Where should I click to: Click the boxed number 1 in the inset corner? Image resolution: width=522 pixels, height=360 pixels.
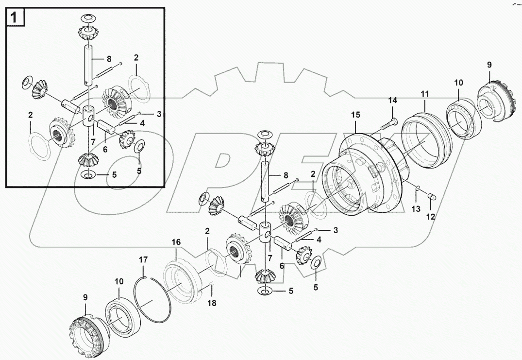click(x=15, y=18)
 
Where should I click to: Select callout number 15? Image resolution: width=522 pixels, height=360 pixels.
click(x=356, y=115)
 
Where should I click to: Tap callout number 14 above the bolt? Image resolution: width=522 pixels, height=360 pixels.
click(x=392, y=101)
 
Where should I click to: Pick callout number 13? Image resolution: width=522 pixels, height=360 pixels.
click(x=416, y=208)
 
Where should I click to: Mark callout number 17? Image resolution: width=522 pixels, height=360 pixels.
click(x=143, y=260)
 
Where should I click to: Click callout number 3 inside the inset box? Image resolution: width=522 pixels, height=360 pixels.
click(x=158, y=114)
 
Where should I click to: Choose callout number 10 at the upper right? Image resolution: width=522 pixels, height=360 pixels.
click(x=459, y=83)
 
